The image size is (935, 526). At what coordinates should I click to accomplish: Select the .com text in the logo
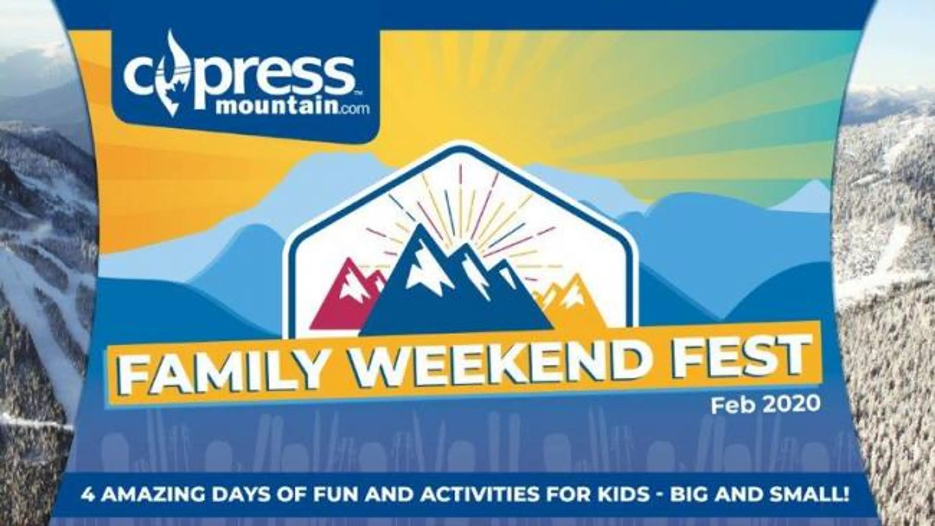pyautogui.click(x=354, y=109)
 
